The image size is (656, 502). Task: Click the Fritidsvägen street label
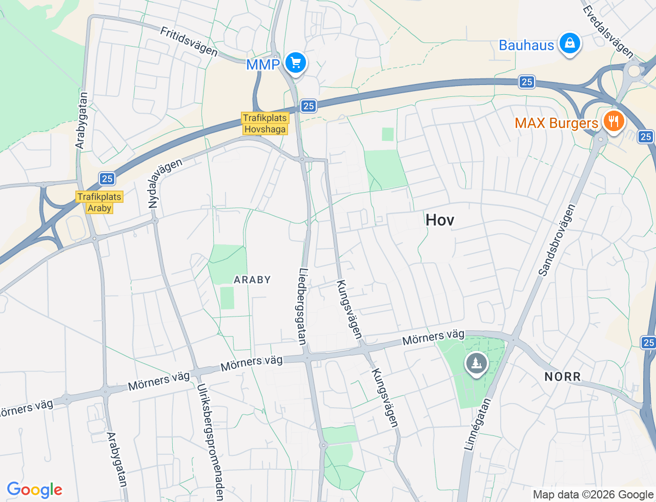coord(189,41)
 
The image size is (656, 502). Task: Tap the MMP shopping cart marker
coord(295,63)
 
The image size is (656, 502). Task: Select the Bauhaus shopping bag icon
coord(569,44)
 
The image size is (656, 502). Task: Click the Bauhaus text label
coord(526,45)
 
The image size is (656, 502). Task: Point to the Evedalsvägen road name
coord(608,31)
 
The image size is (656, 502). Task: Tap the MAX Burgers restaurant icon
coord(612,121)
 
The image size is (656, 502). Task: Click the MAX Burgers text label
coord(556,123)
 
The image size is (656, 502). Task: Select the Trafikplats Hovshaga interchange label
coord(265,123)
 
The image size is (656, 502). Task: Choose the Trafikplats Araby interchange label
coord(99,202)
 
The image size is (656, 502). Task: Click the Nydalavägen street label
coord(165,183)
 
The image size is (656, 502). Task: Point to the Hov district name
coord(440,220)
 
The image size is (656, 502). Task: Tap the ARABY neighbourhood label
coord(252,280)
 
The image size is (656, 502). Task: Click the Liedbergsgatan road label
coord(303,306)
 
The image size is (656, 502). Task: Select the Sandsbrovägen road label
coord(557,240)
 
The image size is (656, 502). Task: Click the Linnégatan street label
coord(477,424)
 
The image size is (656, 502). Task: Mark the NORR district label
coord(563,377)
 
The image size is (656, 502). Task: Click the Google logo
coord(34,490)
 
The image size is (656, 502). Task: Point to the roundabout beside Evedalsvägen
coord(634,71)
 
